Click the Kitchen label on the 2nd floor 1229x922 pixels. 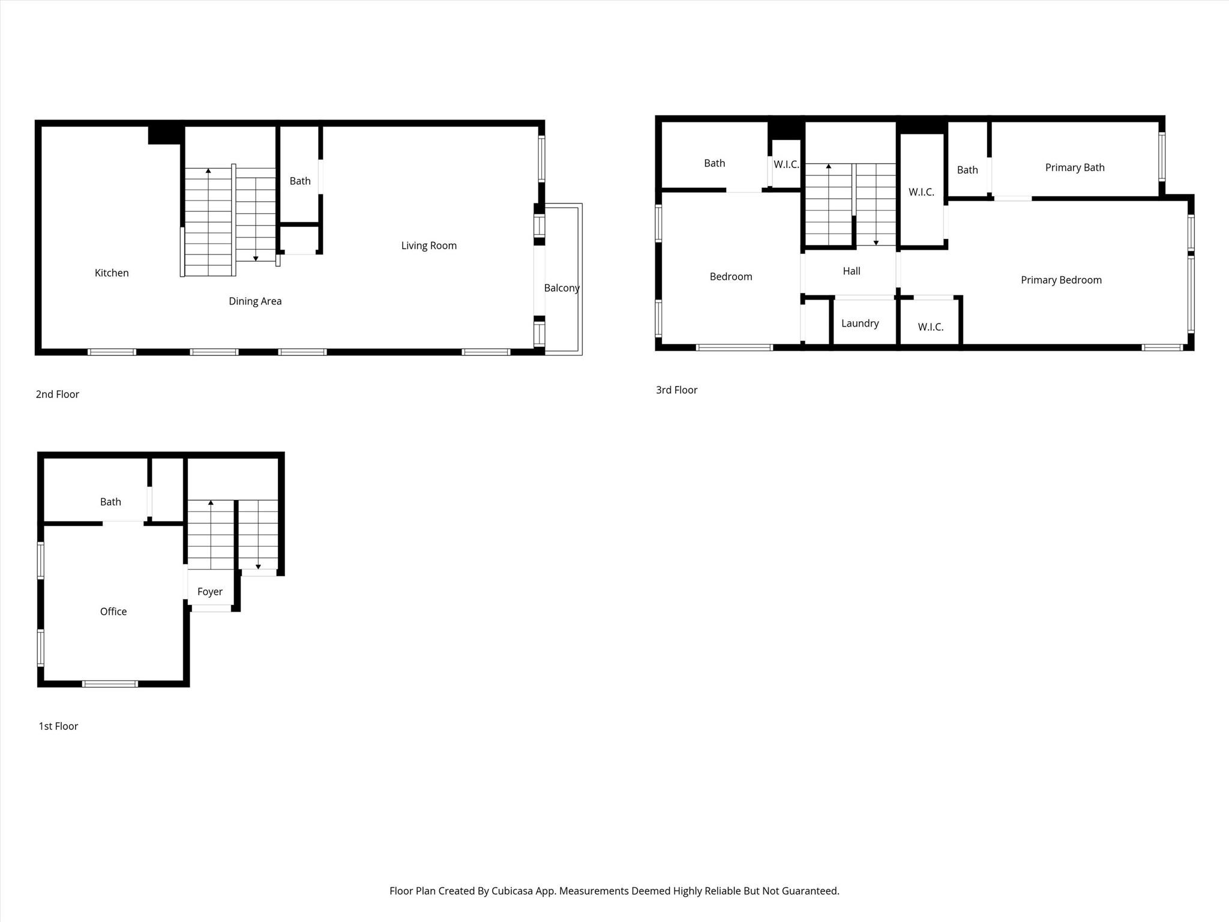click(112, 273)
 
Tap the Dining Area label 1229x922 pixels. click(255, 301)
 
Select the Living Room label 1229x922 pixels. click(428, 246)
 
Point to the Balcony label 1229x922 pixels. click(562, 288)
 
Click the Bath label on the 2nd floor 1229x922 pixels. click(300, 181)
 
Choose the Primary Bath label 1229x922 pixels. click(1074, 167)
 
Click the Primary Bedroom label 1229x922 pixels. click(1060, 280)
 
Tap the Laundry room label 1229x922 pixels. click(859, 324)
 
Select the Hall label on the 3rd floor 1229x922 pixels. click(851, 271)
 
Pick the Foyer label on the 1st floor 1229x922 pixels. click(209, 592)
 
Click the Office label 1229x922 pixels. click(113, 612)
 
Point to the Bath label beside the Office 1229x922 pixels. click(110, 502)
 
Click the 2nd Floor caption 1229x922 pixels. click(57, 394)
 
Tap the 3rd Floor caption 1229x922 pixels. click(676, 390)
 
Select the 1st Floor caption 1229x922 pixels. click(58, 726)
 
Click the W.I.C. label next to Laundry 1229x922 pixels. click(930, 327)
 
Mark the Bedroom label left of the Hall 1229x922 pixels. click(730, 277)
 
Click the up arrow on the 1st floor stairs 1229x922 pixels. click(211, 502)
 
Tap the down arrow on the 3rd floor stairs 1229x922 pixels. click(876, 243)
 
